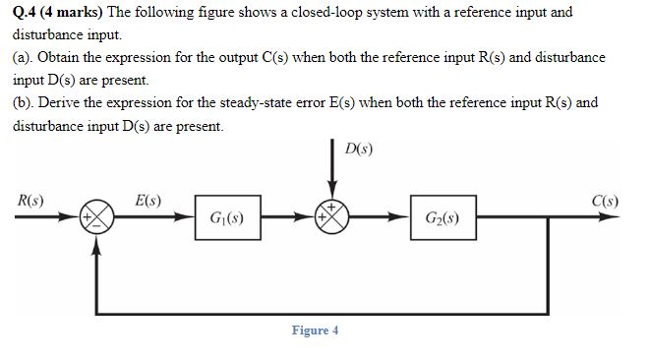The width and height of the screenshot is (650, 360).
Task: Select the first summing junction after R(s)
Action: [x=95, y=216]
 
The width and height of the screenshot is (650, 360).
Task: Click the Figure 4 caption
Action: [x=315, y=330]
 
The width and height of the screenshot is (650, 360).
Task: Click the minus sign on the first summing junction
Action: [x=95, y=226]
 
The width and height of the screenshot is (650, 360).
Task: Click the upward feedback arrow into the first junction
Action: [x=95, y=270]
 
